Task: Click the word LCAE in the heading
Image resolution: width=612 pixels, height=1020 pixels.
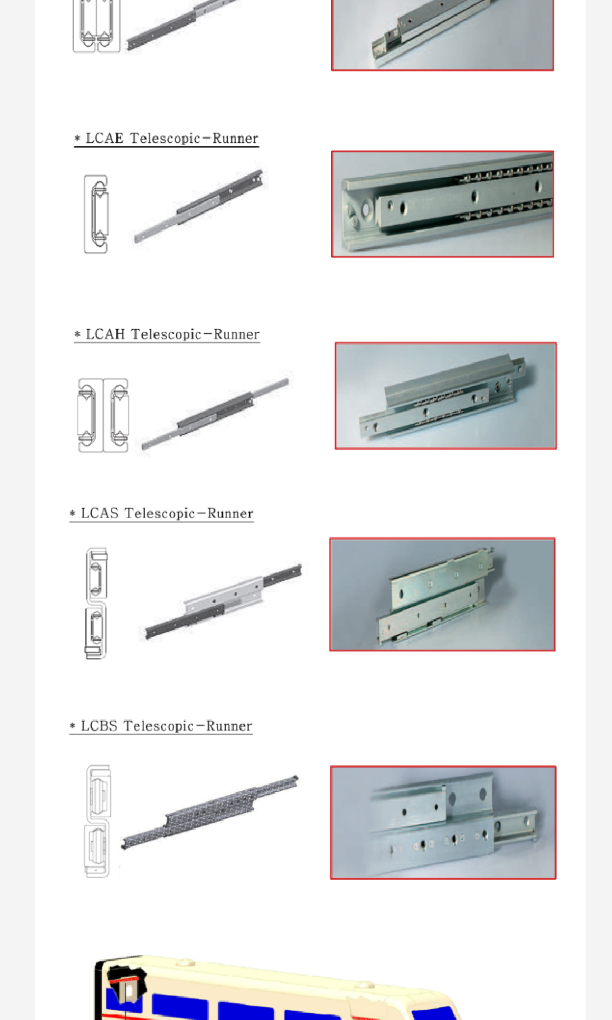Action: (x=104, y=138)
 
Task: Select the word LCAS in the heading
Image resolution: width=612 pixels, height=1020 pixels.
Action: (x=99, y=513)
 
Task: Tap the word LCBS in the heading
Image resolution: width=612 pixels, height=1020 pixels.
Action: (x=99, y=726)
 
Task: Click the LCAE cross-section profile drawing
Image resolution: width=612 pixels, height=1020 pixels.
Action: (x=96, y=214)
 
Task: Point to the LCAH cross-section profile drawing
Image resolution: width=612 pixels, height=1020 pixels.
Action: (x=103, y=415)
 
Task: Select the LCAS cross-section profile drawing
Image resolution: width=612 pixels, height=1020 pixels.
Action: (x=96, y=603)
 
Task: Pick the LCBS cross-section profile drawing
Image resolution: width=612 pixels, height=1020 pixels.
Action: (x=98, y=821)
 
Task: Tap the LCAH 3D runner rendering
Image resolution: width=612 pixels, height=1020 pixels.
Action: (x=215, y=413)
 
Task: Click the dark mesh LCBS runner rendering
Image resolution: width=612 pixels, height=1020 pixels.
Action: (x=209, y=812)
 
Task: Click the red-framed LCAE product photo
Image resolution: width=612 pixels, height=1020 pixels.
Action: (x=443, y=204)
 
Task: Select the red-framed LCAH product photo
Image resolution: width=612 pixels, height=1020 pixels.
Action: (x=446, y=396)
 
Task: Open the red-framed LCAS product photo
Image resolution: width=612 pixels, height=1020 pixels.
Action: (x=443, y=595)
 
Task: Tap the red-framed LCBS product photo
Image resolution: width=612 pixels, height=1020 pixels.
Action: (x=443, y=822)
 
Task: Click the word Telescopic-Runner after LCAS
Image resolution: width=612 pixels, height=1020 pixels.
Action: (x=189, y=513)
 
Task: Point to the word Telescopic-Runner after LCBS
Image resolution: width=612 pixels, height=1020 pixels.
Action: (x=188, y=726)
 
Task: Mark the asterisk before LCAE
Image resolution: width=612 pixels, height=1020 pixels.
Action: (x=78, y=138)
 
